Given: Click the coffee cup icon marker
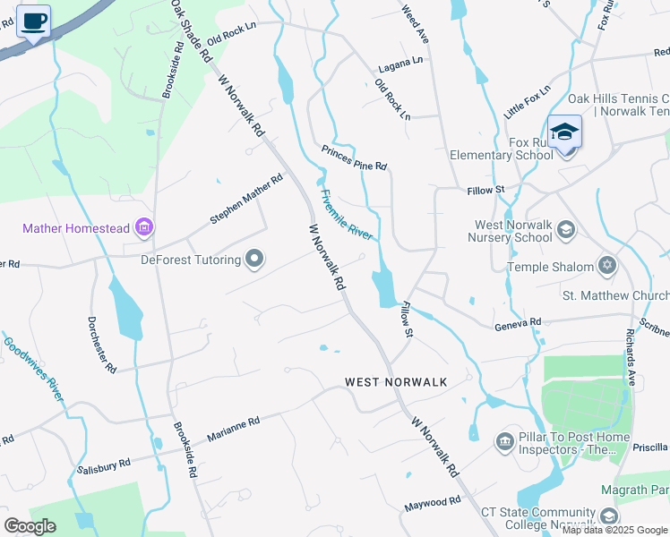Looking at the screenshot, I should tap(34, 21).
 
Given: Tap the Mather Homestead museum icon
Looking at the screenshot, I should tap(143, 228).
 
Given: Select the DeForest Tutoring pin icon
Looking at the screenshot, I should tap(254, 260).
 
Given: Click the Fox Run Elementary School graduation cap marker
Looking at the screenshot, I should tap(565, 132).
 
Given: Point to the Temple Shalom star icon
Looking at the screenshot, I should tap(608, 267).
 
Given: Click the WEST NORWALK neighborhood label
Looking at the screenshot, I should tap(396, 382).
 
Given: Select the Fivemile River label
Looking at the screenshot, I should tap(346, 214).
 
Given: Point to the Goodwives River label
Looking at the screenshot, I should tap(32, 369).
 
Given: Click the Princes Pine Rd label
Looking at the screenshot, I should tap(354, 159).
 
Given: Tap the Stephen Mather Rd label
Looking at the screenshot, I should tap(245, 199).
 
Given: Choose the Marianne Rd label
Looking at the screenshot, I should tap(233, 426).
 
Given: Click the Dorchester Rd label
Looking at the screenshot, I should tap(101, 344).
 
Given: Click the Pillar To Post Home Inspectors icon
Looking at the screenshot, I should tap(504, 441).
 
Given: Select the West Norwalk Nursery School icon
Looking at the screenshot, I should tap(565, 230).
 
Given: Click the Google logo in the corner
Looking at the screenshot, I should tap(30, 526).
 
